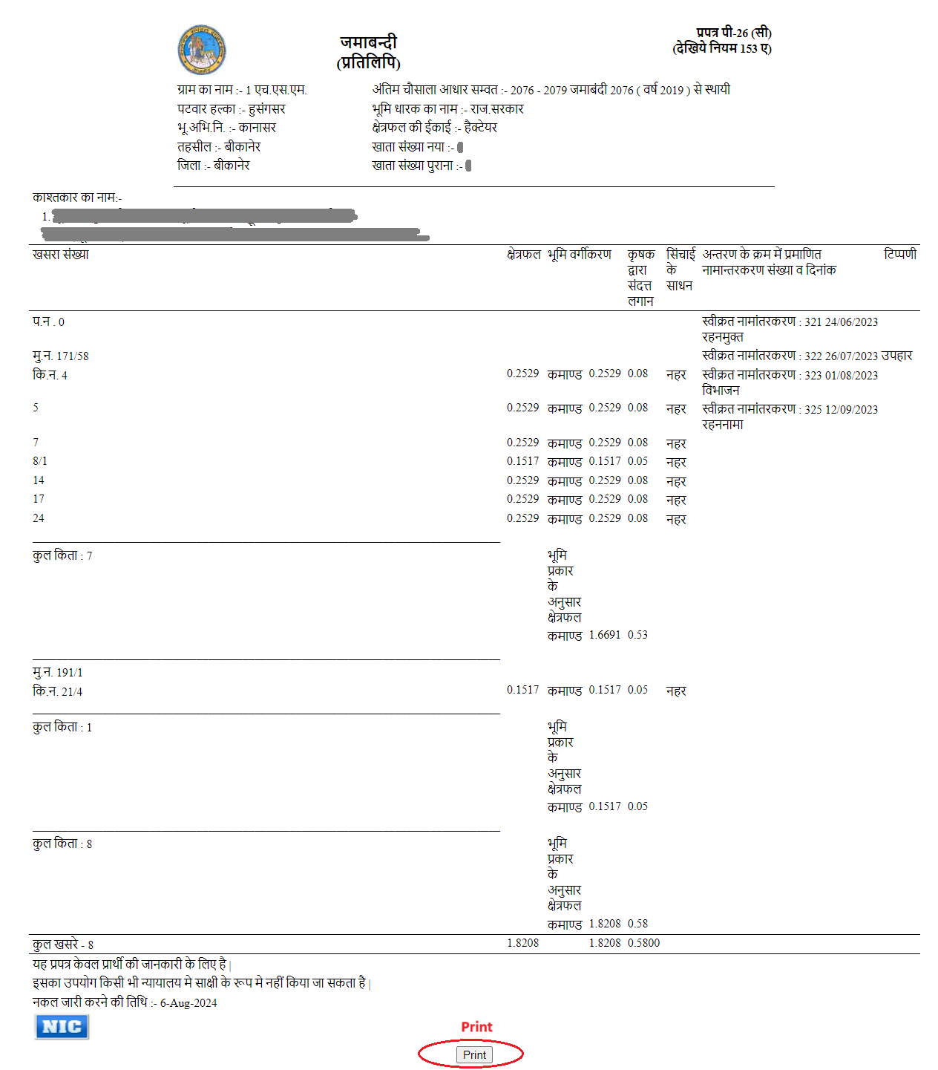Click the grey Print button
click(x=474, y=1054)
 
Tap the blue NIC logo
click(x=62, y=1027)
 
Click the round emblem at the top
click(x=202, y=50)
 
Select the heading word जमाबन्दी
click(x=369, y=42)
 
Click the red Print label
click(x=476, y=1027)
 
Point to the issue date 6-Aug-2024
click(x=188, y=1003)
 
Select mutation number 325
click(x=813, y=410)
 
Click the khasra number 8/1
click(x=40, y=461)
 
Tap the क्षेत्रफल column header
click(x=524, y=255)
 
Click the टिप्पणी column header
click(x=900, y=255)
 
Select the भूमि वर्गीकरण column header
click(x=580, y=255)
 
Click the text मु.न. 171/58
click(x=61, y=356)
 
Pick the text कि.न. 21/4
click(x=58, y=692)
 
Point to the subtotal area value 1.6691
click(x=605, y=635)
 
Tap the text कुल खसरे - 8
click(x=63, y=945)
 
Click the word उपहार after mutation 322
click(x=896, y=356)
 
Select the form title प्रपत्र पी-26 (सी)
click(x=734, y=33)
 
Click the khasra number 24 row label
click(x=39, y=518)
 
